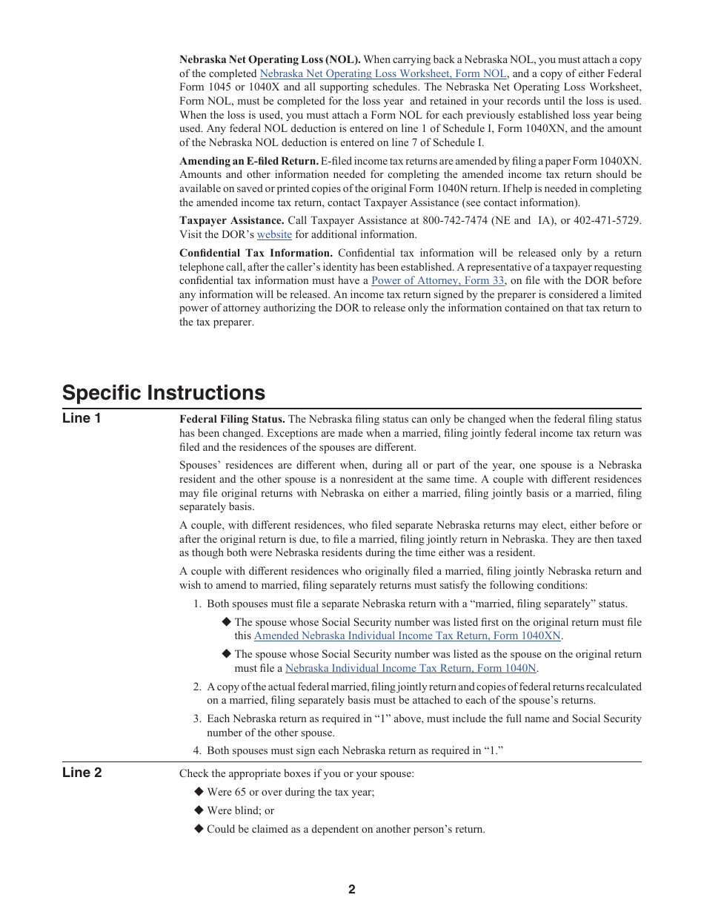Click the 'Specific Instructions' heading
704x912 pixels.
click(163, 392)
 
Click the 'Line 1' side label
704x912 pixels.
click(82, 418)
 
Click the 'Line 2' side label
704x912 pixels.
click(82, 773)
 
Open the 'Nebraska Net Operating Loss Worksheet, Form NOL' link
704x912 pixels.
click(383, 73)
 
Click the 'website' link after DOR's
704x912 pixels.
click(274, 234)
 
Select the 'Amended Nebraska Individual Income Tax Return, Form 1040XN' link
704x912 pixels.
click(408, 635)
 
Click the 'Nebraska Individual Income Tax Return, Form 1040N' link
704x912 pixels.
click(411, 668)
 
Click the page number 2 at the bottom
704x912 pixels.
click(352, 890)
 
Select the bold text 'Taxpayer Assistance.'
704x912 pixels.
click(231, 220)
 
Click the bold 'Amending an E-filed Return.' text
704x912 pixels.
click(249, 161)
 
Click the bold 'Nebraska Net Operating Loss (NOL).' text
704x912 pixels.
click(270, 59)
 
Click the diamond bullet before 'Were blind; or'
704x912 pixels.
click(199, 810)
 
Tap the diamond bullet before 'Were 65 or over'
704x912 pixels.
click(199, 792)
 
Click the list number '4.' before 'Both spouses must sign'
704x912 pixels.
click(197, 750)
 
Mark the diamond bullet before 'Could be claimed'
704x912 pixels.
click(199, 829)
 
